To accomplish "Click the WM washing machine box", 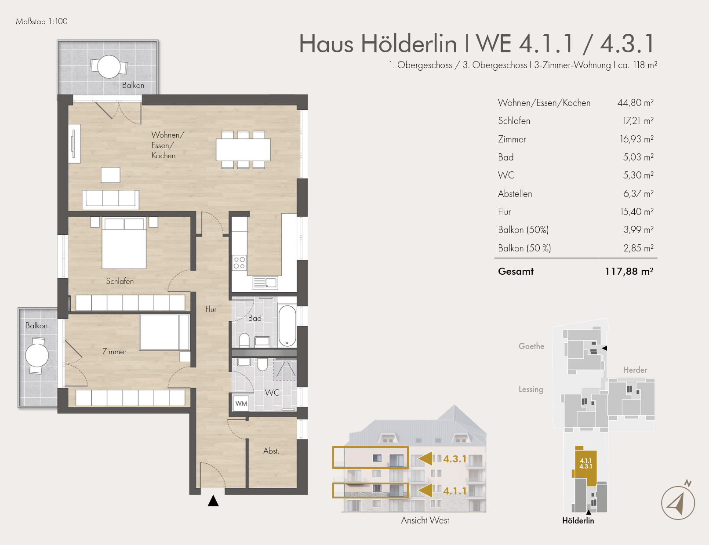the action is coord(241,403).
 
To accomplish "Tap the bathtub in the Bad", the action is coord(287,326).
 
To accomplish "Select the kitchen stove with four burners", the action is coord(239,263).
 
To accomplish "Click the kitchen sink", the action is coord(265,283).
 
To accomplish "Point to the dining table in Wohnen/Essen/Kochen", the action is coord(243,150).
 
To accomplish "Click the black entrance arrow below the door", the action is coord(213,501).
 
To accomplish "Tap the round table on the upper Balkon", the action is coord(109,67).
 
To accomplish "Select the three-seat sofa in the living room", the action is coord(110,199).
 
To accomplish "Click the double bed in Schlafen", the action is coord(124,243).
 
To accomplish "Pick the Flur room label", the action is coord(211,309).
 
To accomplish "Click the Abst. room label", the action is coord(271,451).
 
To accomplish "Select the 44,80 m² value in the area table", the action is coord(635,103).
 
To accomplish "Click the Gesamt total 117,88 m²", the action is coord(629,271).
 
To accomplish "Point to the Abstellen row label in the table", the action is coord(515,194).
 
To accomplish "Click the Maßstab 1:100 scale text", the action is coord(42,22).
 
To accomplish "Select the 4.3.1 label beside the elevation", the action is coord(454,459).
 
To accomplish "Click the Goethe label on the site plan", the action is coord(531,346).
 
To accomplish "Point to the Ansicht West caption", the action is coord(425,520).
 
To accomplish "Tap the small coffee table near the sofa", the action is coord(110,175).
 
